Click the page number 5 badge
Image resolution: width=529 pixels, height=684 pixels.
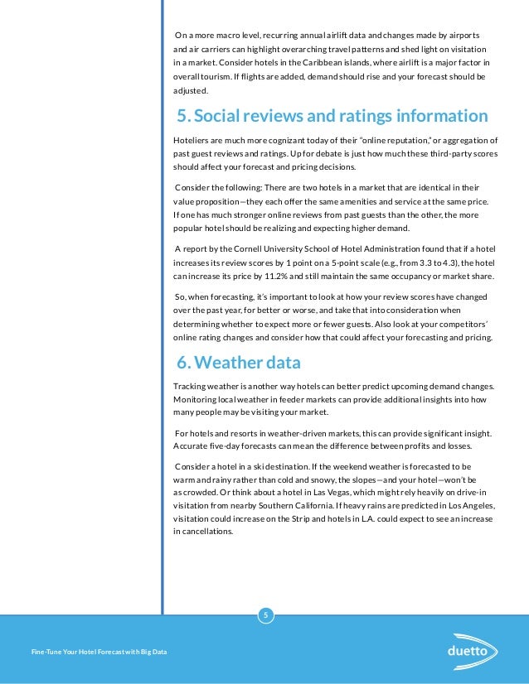(265, 614)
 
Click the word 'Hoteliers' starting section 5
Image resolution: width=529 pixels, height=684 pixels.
(192, 140)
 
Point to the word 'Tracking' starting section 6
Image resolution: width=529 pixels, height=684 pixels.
(191, 387)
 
